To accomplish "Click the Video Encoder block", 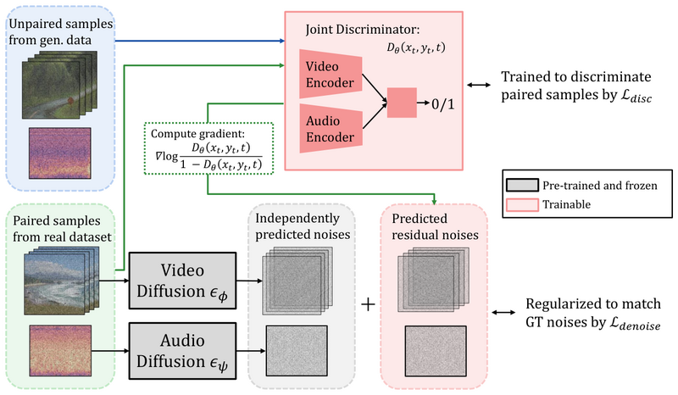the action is [x=331, y=75].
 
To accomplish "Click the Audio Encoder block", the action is [x=331, y=129].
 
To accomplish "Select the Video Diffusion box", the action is [x=182, y=281].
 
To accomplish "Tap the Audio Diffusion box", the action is [x=182, y=350].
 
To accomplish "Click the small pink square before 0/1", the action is [x=402, y=103].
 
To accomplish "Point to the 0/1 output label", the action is [x=442, y=103].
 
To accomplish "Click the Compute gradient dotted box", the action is [x=208, y=148].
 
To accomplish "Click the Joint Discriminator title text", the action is [x=363, y=30].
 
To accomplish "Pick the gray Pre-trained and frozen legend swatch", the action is [x=522, y=185].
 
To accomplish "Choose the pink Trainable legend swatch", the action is [x=522, y=204].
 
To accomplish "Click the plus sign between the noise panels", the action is [x=368, y=304].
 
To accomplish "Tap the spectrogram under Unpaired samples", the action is [x=59, y=153].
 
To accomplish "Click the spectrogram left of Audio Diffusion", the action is [x=60, y=350].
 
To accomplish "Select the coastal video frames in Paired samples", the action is [x=61, y=281].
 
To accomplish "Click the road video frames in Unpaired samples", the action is [x=59, y=85].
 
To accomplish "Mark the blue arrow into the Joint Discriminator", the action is [x=200, y=41].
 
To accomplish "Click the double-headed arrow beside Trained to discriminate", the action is [x=479, y=86].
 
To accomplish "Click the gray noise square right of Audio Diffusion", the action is [x=297, y=351].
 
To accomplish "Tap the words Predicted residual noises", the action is [x=435, y=226].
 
